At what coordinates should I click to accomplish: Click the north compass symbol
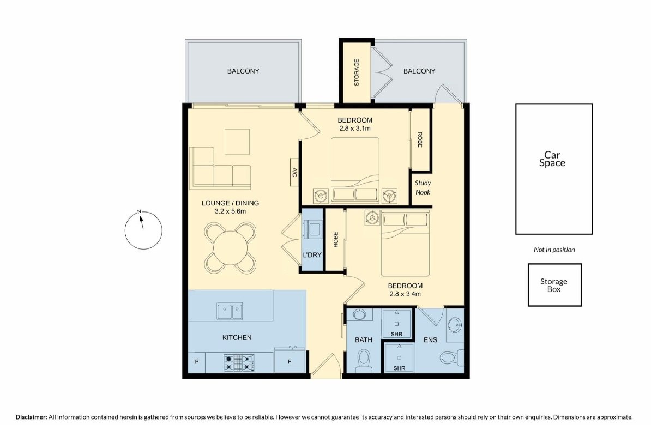click(143, 229)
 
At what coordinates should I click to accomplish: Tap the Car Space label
click(552, 159)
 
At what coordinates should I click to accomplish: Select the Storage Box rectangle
click(554, 285)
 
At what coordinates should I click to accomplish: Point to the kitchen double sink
click(230, 312)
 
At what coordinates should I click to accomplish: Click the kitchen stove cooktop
click(238, 362)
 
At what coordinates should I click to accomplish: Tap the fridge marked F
click(289, 361)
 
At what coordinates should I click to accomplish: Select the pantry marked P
click(196, 361)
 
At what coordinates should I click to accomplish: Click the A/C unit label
click(294, 173)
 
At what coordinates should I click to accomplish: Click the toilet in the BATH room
click(365, 361)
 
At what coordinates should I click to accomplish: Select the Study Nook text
click(423, 187)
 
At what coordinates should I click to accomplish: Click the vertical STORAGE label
click(357, 72)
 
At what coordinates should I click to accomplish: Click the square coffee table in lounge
click(237, 142)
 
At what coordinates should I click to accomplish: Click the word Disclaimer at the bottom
click(32, 417)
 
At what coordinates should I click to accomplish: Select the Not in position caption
click(554, 250)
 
